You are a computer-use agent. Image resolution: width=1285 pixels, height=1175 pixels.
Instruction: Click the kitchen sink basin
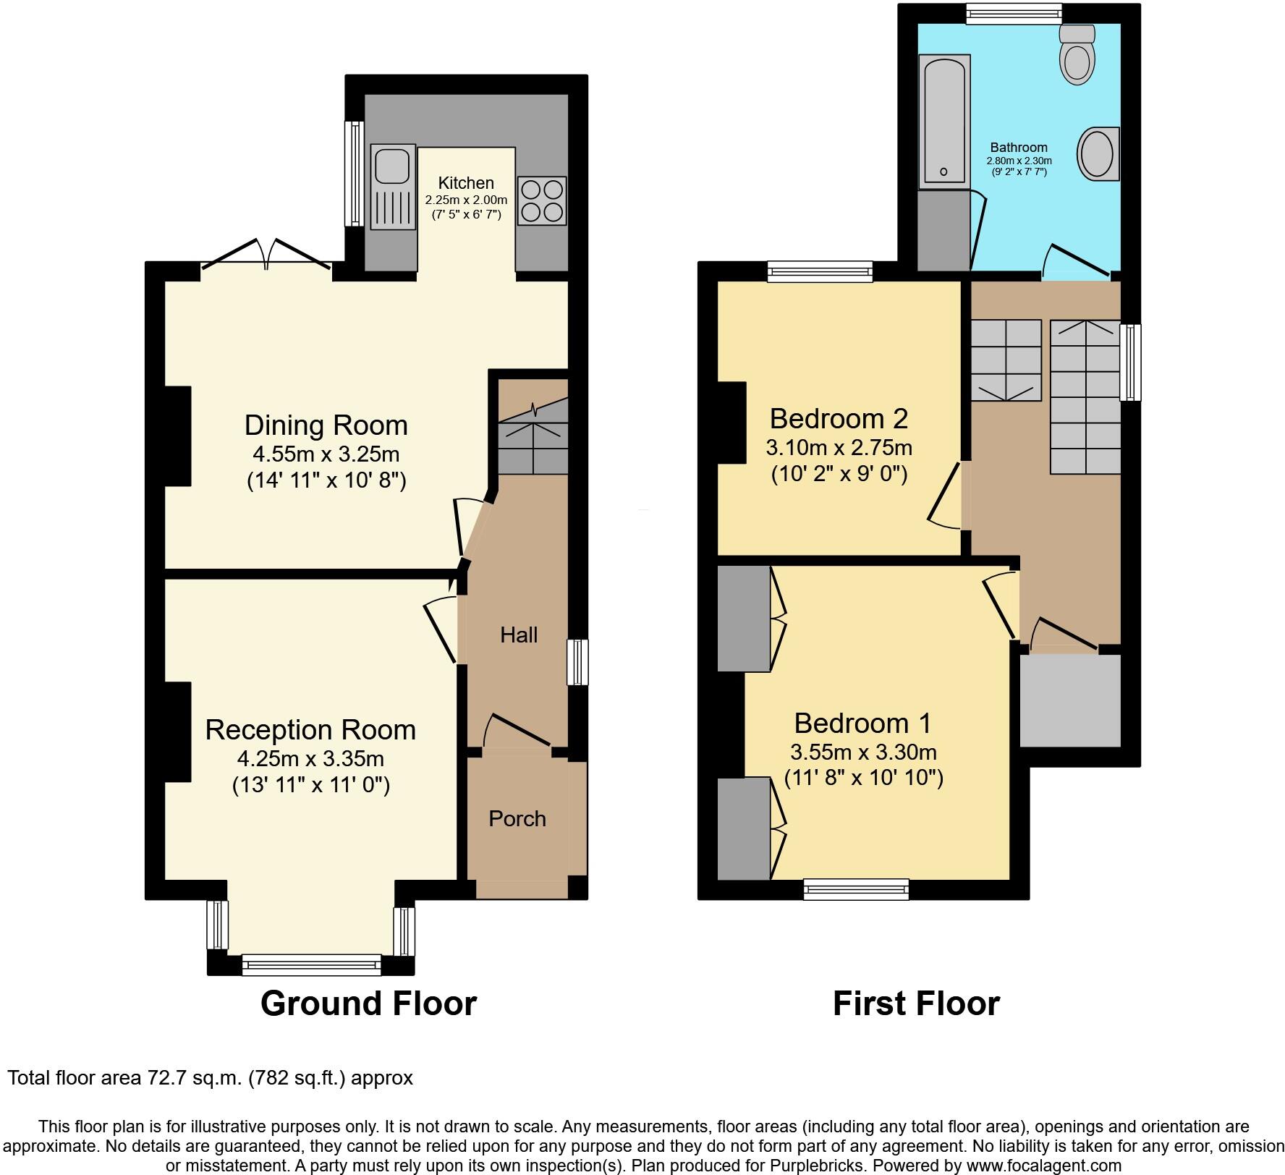(391, 165)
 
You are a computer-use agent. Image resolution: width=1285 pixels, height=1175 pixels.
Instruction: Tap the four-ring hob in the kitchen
(542, 200)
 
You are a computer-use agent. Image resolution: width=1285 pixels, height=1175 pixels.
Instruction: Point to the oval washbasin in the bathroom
(1098, 153)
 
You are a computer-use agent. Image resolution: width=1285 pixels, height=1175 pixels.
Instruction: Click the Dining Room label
(326, 425)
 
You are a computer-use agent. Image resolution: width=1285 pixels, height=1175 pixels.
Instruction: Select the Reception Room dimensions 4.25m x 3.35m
(310, 759)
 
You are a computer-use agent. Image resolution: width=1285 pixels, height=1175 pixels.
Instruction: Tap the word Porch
(517, 819)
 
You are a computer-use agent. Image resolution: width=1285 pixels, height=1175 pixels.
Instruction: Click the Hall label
(518, 635)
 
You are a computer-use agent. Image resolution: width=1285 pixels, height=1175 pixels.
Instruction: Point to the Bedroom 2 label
(838, 419)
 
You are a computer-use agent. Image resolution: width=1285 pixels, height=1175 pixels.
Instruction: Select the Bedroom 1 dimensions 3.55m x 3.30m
(863, 752)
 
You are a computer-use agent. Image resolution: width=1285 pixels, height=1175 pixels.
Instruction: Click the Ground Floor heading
(368, 1004)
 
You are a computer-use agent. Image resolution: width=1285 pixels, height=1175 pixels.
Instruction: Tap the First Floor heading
(915, 1004)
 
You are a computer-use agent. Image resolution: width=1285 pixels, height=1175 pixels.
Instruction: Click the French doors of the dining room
(266, 257)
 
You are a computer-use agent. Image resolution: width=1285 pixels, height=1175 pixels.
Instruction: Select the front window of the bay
(311, 964)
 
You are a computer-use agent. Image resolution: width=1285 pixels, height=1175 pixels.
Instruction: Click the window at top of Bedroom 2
(820, 271)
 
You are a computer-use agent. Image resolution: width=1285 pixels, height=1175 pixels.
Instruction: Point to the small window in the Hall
(577, 661)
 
